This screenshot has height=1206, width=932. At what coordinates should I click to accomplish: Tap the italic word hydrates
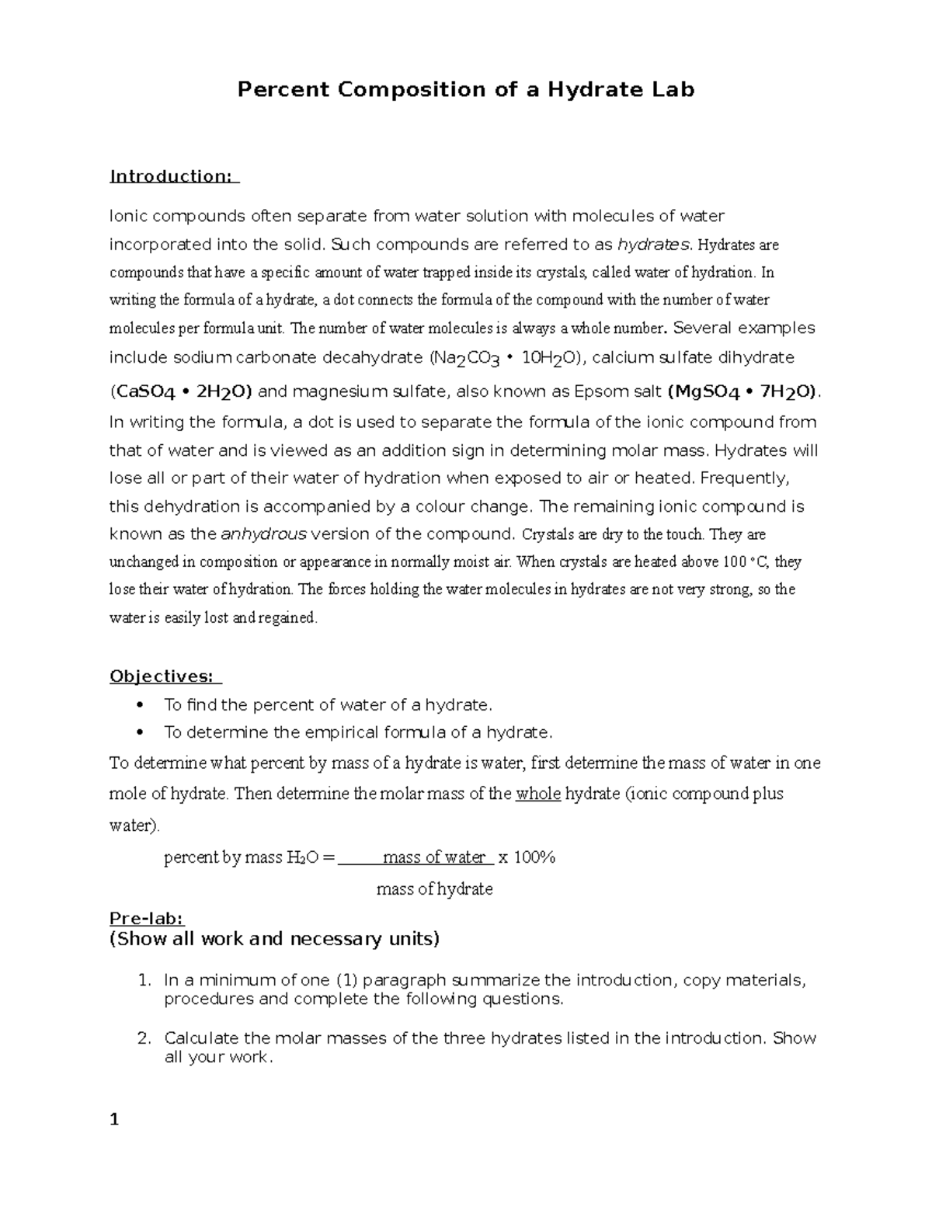tap(653, 245)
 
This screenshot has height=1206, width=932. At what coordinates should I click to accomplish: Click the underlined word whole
tap(538, 794)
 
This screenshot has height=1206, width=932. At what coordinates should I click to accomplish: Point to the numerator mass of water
tap(434, 858)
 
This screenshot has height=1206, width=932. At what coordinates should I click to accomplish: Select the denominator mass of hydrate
tap(434, 889)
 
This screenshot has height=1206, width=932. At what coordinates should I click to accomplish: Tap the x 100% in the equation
tap(527, 858)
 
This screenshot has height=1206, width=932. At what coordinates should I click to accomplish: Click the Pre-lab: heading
tap(146, 919)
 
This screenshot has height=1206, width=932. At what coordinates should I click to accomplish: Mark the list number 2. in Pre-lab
tap(143, 1038)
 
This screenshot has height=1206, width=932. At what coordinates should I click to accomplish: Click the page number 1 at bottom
tap(114, 1120)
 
